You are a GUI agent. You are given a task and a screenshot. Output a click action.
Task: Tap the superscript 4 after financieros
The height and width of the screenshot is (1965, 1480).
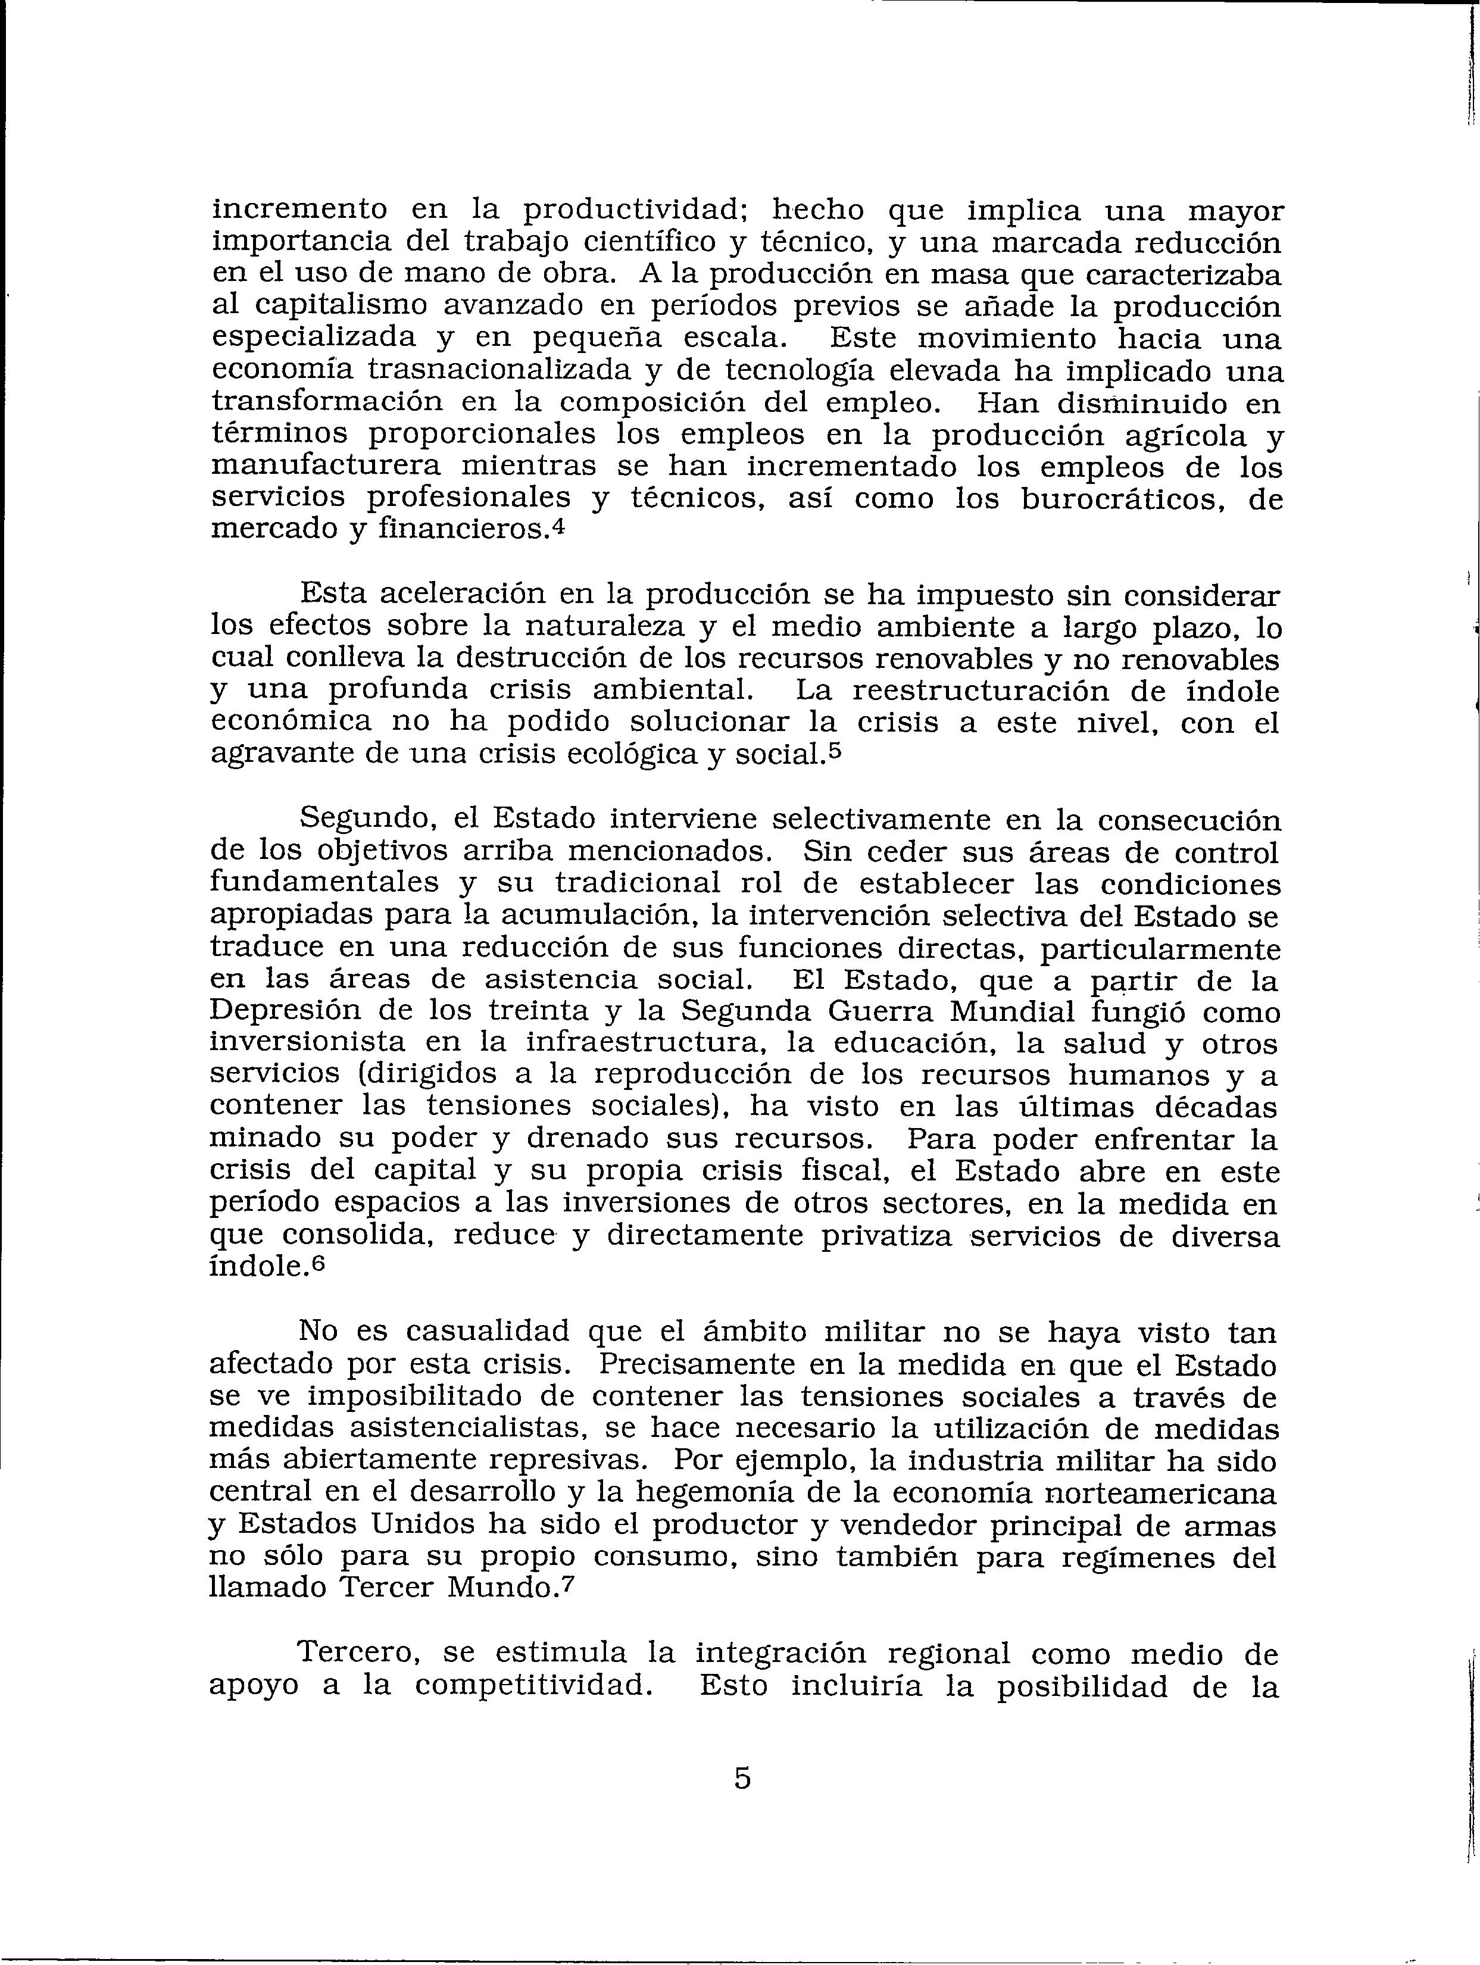pyautogui.click(x=557, y=525)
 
